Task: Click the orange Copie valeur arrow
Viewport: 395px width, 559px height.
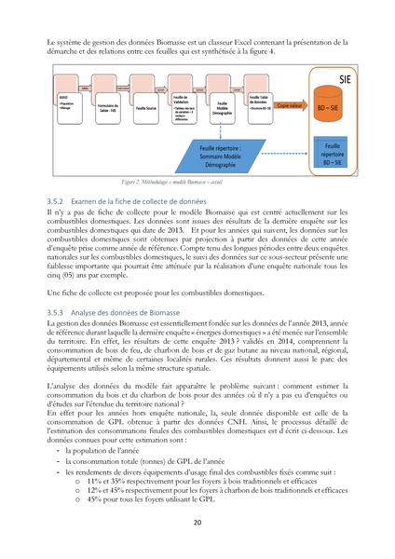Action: [x=289, y=106]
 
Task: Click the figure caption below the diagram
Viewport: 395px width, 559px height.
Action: [x=197, y=184]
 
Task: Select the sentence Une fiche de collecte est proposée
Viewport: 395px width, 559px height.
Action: [x=144, y=293]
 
